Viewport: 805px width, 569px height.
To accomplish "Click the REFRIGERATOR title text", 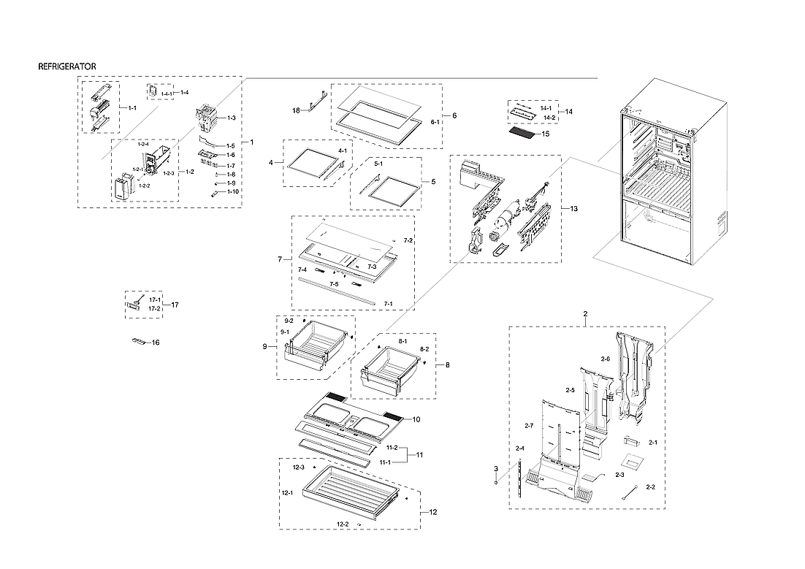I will click(66, 66).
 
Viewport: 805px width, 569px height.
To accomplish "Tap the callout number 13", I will click(573, 209).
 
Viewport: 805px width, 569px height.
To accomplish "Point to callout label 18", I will click(296, 110).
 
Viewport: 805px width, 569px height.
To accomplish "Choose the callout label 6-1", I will click(435, 122).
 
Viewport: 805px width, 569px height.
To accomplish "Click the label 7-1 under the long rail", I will click(388, 303).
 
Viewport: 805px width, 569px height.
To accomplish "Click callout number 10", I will click(416, 419).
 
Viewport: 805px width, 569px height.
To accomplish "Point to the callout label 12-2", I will click(342, 524).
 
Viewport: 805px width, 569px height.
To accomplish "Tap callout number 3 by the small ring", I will click(495, 468).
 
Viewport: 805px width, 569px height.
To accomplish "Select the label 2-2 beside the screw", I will click(651, 487).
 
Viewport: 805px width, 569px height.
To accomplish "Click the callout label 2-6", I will click(605, 359).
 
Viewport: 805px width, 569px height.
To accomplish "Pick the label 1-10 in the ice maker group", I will click(232, 191).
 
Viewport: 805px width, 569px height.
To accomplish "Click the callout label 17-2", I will click(155, 308).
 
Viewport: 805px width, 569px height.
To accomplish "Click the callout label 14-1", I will click(546, 108).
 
